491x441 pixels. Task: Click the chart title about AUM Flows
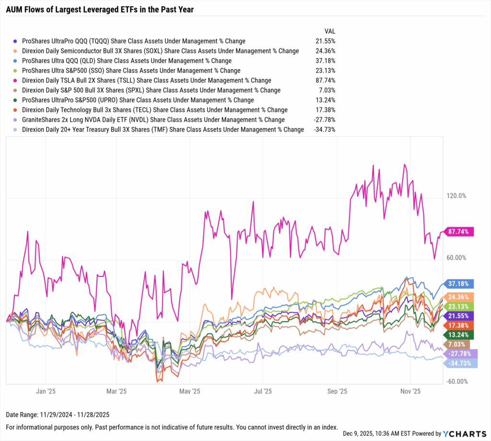coord(99,9)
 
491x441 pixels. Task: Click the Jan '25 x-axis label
coord(45,391)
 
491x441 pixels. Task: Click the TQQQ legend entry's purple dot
coord(16,41)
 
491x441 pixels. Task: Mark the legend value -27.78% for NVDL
coord(324,119)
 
